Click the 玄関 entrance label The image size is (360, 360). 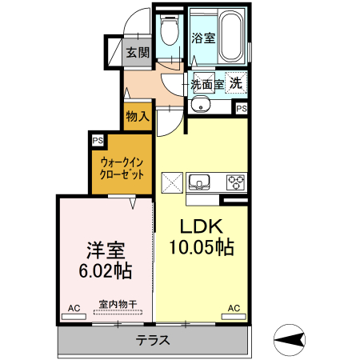click(x=138, y=54)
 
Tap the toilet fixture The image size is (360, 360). click(x=169, y=32)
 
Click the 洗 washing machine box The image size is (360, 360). click(x=237, y=82)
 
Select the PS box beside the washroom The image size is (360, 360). click(x=241, y=108)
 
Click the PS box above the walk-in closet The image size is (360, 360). click(x=98, y=140)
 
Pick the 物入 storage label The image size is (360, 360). click(x=138, y=116)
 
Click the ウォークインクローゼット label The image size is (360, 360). click(x=122, y=166)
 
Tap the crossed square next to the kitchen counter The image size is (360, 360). click(x=173, y=182)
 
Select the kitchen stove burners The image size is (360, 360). click(x=236, y=181)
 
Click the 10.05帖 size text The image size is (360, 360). click(x=201, y=248)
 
